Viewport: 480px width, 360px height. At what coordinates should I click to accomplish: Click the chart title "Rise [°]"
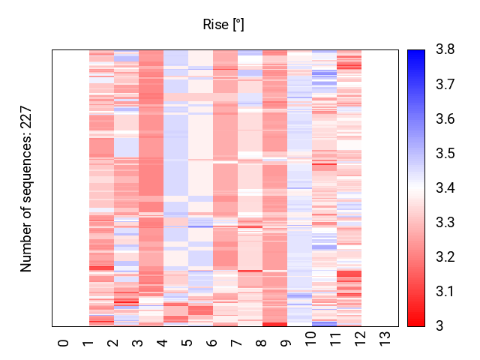(223, 25)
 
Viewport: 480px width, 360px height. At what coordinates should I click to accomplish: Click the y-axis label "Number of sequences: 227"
(26, 189)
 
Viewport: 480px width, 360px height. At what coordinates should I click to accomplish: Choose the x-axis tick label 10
(310, 339)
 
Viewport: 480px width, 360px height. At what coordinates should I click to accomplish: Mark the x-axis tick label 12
(360, 339)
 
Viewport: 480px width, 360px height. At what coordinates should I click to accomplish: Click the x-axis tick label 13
(385, 339)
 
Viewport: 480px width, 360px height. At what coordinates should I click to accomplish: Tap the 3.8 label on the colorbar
(445, 49)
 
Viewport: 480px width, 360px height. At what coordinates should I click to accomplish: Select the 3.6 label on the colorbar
(445, 118)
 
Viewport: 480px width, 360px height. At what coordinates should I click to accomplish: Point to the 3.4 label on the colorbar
(445, 187)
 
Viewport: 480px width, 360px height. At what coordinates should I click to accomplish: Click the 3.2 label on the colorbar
(445, 256)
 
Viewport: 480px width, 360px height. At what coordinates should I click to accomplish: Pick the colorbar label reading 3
(439, 326)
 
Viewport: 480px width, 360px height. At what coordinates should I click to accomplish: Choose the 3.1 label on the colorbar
(445, 292)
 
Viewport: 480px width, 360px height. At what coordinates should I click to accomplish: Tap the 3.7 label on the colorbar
(445, 84)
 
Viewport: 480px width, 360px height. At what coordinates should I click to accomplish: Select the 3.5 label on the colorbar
(445, 153)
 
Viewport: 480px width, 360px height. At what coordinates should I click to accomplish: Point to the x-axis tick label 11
(335, 339)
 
